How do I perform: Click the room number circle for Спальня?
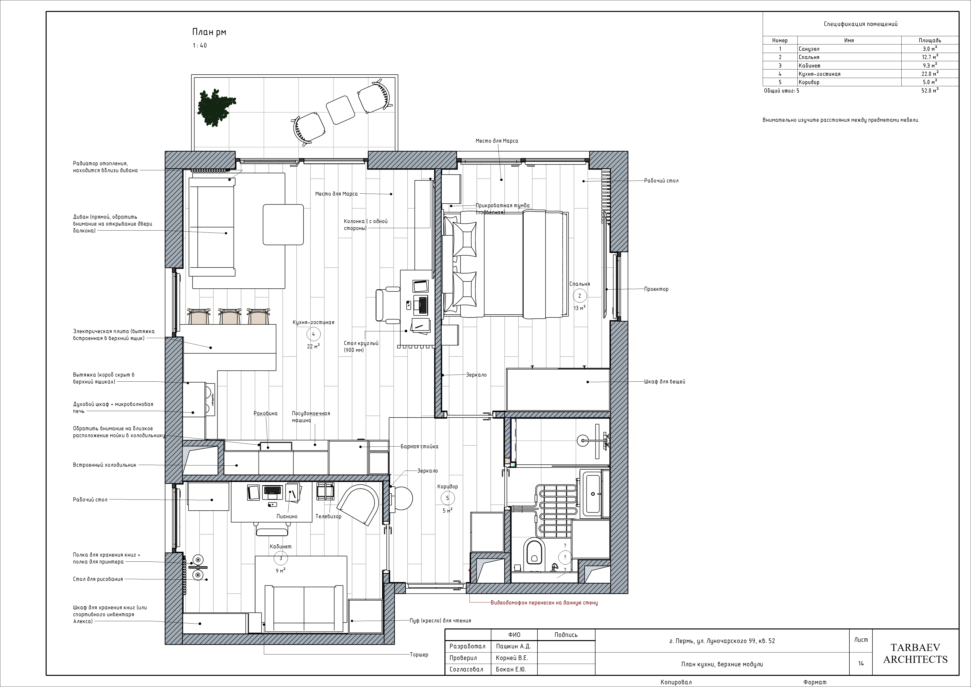coord(579,296)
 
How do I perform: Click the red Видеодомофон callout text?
coord(544,603)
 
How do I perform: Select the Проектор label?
coord(656,289)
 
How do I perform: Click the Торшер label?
coord(419,654)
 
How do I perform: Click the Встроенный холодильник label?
coord(105,465)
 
